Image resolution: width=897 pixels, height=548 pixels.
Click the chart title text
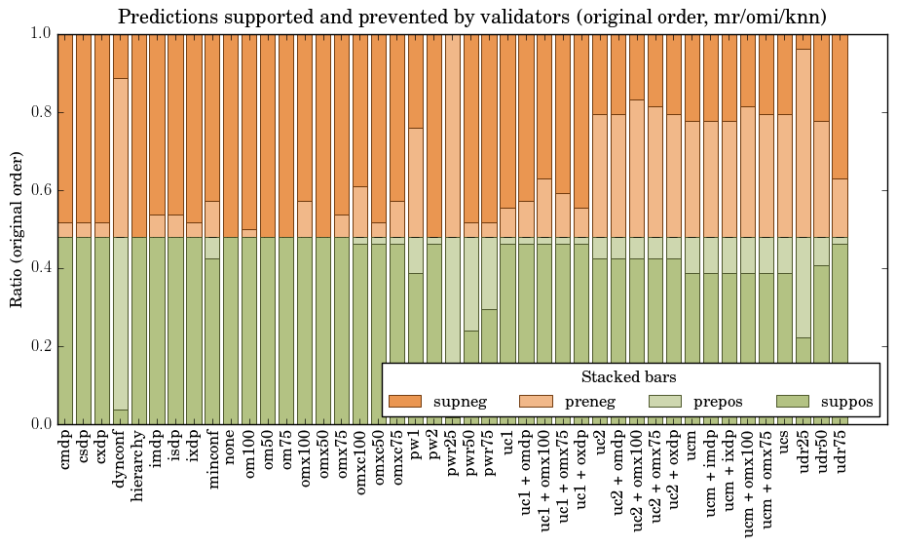(472, 17)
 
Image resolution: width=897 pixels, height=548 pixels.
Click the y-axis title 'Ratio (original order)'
(17, 228)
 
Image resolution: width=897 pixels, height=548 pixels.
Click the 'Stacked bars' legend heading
(628, 377)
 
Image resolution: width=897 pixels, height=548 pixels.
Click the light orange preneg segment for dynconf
(121, 157)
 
